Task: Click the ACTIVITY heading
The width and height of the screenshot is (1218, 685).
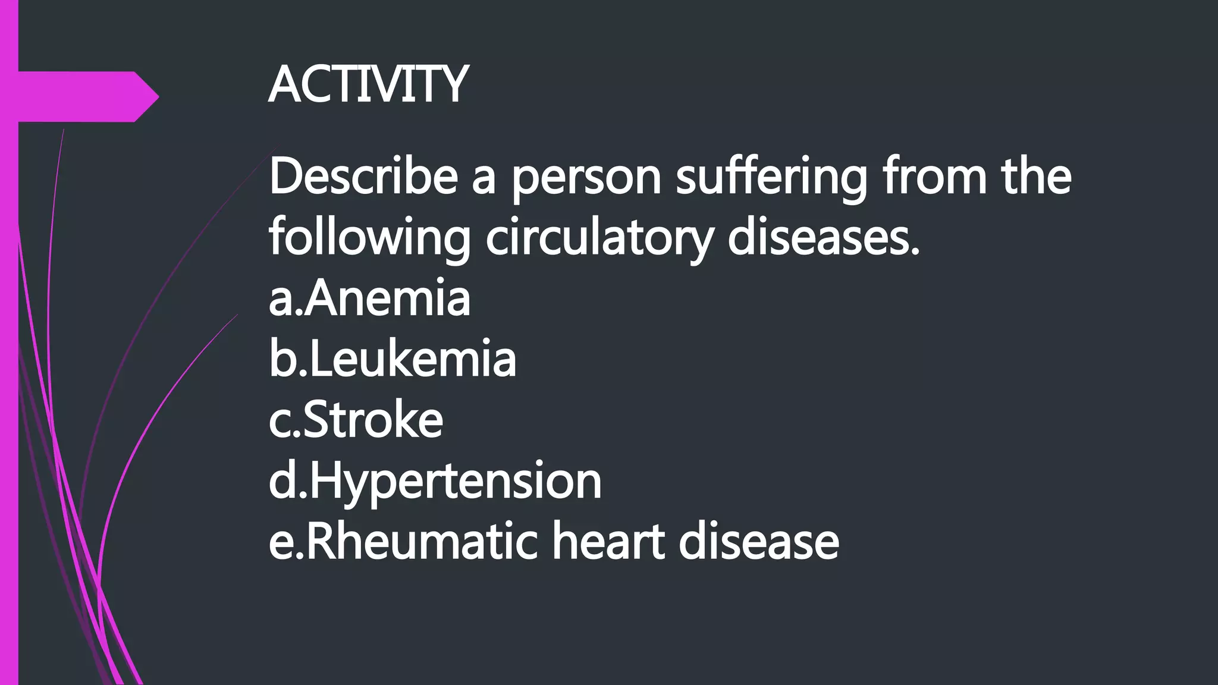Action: click(368, 85)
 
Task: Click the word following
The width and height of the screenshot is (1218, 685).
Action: click(369, 238)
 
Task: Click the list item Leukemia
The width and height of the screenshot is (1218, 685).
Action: click(412, 359)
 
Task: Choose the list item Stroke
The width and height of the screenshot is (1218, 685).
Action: click(373, 420)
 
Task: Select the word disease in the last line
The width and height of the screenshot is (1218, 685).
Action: click(759, 542)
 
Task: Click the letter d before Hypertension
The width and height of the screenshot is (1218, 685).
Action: click(282, 481)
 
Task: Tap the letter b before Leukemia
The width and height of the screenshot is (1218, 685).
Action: click(282, 359)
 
